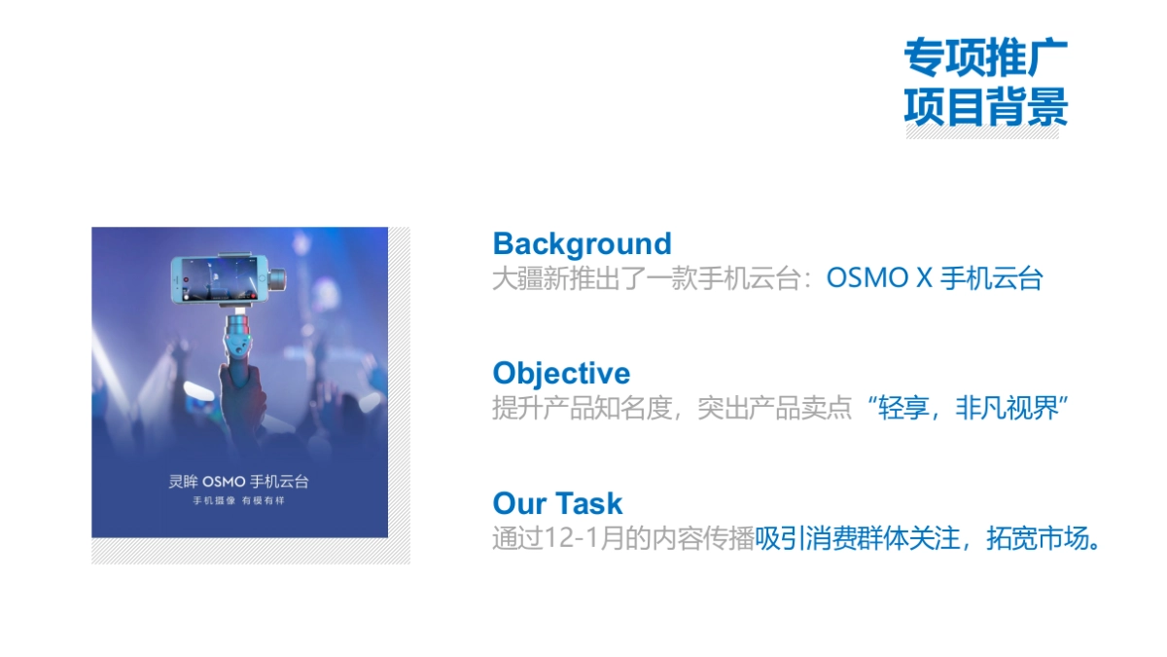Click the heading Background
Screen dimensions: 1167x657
tap(582, 244)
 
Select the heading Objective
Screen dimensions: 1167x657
tap(562, 374)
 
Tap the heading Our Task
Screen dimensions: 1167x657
tap(557, 503)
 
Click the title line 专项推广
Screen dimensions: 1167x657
tap(986, 57)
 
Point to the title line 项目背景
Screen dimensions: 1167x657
tap(986, 106)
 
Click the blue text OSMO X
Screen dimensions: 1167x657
tap(879, 278)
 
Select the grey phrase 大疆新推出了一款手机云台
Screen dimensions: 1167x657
tap(647, 278)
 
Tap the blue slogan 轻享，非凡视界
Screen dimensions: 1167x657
tap(969, 408)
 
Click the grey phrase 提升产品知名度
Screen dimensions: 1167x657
tap(582, 408)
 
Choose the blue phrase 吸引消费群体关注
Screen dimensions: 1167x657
tap(858, 538)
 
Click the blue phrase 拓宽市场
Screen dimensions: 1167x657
tap(1038, 538)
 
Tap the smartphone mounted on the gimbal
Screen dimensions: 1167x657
tap(219, 279)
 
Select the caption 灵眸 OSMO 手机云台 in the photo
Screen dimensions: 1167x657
tap(239, 481)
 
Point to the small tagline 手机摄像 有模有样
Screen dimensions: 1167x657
tap(239, 500)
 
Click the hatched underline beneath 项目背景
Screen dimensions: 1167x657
tap(982, 132)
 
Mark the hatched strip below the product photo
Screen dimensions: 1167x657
tap(251, 551)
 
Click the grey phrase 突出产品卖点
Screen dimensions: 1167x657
tap(775, 408)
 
